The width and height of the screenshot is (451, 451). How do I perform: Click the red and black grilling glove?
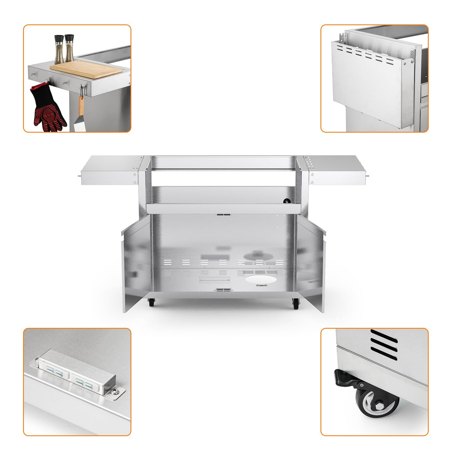48,108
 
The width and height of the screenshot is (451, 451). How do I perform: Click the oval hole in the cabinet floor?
260,280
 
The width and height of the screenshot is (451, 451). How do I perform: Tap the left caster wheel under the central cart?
151,303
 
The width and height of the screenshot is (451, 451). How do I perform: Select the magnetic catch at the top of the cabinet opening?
223,214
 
